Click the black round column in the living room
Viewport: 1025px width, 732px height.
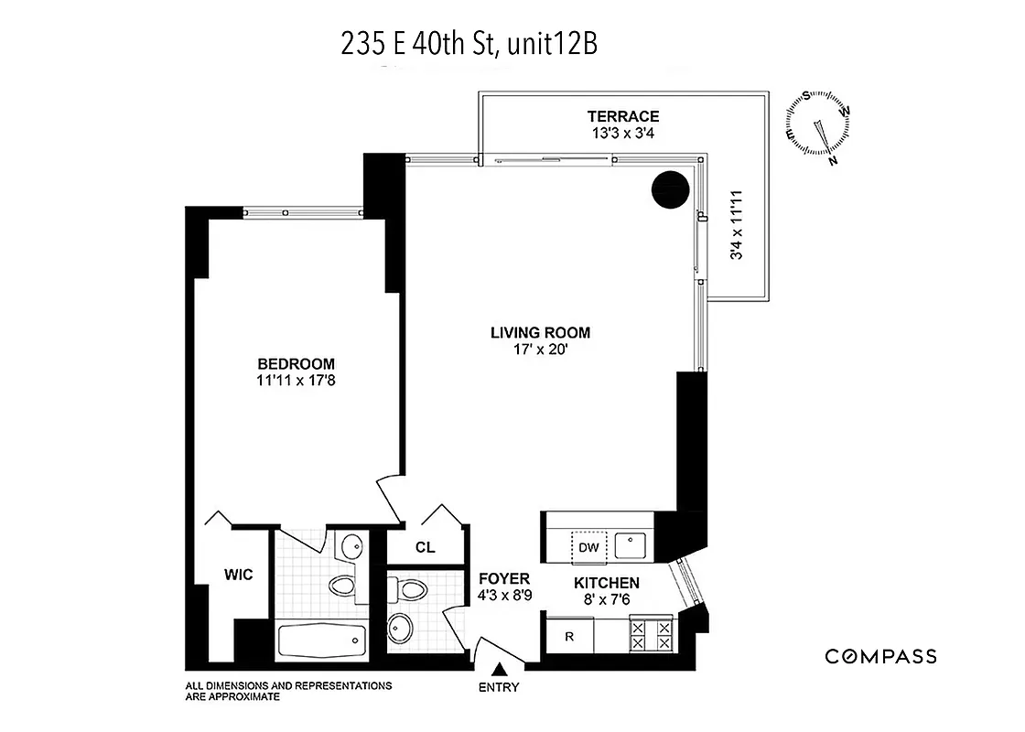(x=669, y=189)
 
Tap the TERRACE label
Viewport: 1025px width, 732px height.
(x=623, y=116)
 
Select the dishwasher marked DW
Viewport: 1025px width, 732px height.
(x=588, y=547)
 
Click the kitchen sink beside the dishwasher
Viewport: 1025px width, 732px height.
(x=630, y=546)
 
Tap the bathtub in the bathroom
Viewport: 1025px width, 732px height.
(x=318, y=638)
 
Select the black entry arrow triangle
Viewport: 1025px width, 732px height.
(x=499, y=673)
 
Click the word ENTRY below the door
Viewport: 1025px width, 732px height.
(x=499, y=688)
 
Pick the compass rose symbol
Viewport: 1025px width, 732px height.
(x=817, y=128)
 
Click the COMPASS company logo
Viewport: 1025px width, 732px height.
(x=880, y=656)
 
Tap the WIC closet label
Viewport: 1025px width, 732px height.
(x=238, y=576)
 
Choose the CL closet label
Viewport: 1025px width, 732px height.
(x=425, y=548)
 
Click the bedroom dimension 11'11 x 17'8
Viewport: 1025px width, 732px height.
(x=296, y=380)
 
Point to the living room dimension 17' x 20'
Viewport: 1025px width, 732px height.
(x=540, y=350)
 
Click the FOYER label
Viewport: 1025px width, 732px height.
(x=504, y=578)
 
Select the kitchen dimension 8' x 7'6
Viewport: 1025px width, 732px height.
(x=606, y=599)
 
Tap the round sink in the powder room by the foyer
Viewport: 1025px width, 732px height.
(x=402, y=628)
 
